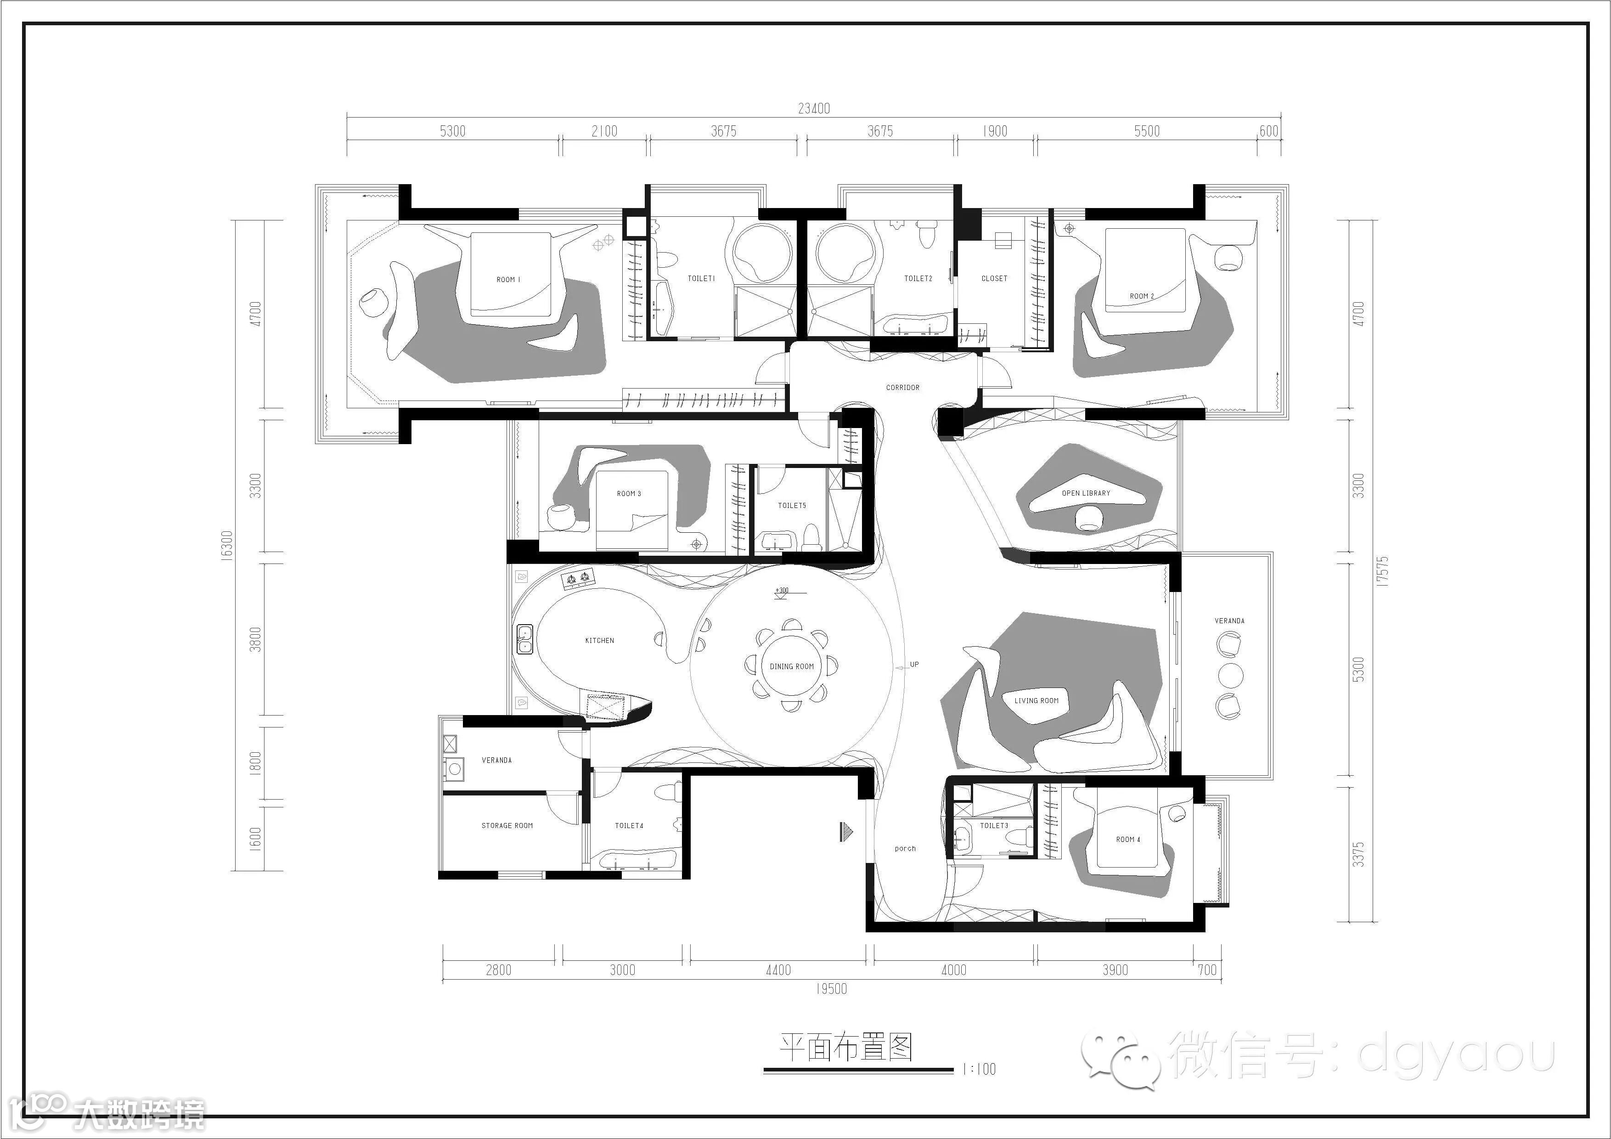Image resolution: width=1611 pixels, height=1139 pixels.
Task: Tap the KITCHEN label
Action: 599,641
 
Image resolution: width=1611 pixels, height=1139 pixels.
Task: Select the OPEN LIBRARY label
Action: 1086,493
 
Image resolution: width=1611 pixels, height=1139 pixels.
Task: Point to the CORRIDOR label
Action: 902,387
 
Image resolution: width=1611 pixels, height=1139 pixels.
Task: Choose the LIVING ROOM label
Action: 1036,700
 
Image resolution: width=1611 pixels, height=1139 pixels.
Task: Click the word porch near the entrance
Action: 905,848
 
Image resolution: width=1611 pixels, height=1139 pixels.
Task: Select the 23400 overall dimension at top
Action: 814,108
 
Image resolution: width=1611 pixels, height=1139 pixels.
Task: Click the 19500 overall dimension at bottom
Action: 832,989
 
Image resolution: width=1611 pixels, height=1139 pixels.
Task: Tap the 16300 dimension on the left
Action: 226,545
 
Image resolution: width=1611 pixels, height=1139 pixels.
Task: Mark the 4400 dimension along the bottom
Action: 778,970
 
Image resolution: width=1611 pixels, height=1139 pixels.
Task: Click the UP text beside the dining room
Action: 914,664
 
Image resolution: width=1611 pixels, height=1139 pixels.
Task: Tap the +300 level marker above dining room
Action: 782,590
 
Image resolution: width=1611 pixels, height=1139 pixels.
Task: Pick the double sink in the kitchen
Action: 524,639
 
